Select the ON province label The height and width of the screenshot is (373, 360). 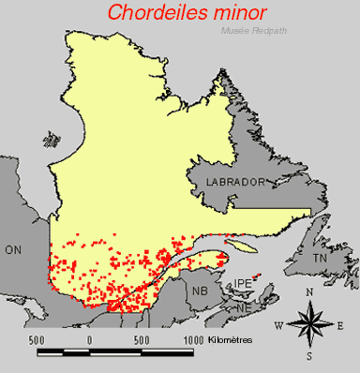[x=12, y=250]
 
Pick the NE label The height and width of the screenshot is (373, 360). [x=243, y=307]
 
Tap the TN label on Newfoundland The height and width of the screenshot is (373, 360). [x=322, y=258]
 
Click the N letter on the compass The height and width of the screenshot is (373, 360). [x=309, y=292]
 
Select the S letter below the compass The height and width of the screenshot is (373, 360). [x=308, y=357]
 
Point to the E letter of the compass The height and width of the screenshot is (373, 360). [x=341, y=325]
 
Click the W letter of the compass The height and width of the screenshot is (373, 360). [x=278, y=325]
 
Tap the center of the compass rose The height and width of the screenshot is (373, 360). [x=309, y=325]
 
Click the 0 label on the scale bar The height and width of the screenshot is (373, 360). [x=89, y=338]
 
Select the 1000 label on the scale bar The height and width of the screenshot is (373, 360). [x=193, y=338]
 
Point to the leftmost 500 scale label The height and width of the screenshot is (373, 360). [x=37, y=338]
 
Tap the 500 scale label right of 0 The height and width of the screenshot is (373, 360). [x=142, y=338]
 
